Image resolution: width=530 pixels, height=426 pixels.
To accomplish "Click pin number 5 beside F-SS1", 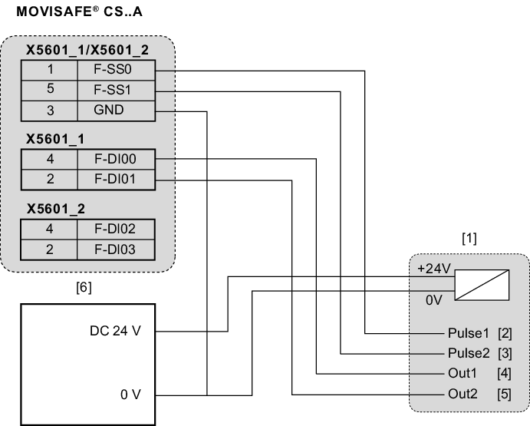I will [x=49, y=89].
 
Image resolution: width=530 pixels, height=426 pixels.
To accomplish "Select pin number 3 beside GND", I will [x=49, y=110].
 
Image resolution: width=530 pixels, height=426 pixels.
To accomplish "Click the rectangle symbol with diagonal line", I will [x=482, y=284].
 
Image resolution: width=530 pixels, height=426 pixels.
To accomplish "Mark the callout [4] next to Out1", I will [x=504, y=375].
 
